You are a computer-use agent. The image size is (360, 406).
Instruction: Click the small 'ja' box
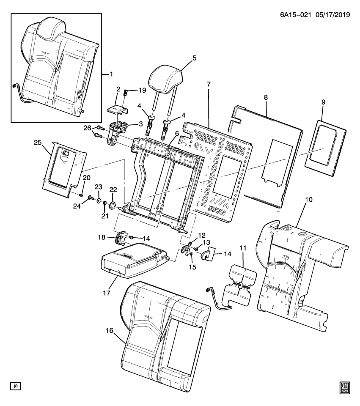tap(15, 386)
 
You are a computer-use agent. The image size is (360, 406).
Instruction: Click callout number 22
tap(113, 189)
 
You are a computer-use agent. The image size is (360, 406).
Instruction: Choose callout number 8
tap(266, 97)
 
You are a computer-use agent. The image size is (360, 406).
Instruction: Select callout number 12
tap(202, 235)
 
